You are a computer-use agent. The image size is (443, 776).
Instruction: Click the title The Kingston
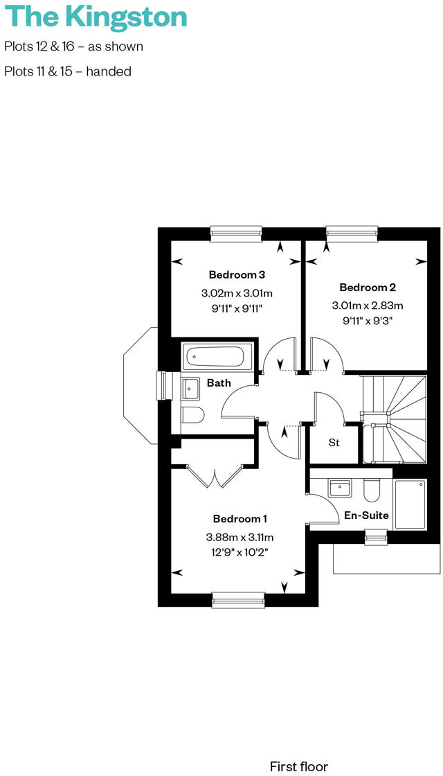click(x=95, y=17)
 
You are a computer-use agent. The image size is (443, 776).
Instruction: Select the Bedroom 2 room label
click(x=367, y=287)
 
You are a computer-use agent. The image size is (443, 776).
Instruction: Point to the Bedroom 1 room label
click(x=239, y=518)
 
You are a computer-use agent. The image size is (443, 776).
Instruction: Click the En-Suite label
click(x=366, y=515)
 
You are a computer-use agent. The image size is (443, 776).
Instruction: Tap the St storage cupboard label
click(x=334, y=442)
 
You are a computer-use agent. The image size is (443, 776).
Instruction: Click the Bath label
click(x=219, y=382)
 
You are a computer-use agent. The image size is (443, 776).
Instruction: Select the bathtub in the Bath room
click(x=214, y=357)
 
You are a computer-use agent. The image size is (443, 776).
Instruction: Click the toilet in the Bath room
click(x=193, y=415)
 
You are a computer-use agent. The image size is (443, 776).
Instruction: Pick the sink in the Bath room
click(x=191, y=389)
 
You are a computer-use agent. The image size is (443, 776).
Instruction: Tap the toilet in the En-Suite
click(x=371, y=490)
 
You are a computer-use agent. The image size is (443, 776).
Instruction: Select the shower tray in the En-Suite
click(x=410, y=504)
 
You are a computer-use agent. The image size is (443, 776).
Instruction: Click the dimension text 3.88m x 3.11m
click(x=239, y=537)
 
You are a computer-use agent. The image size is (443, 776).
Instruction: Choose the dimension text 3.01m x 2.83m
click(x=367, y=305)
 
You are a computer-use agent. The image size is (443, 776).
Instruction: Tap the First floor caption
click(x=299, y=766)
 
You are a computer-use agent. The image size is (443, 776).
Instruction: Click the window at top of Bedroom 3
click(x=236, y=233)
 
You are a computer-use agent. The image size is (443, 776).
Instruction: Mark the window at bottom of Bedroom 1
click(x=238, y=599)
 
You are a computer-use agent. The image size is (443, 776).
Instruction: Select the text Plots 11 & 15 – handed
click(x=68, y=71)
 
